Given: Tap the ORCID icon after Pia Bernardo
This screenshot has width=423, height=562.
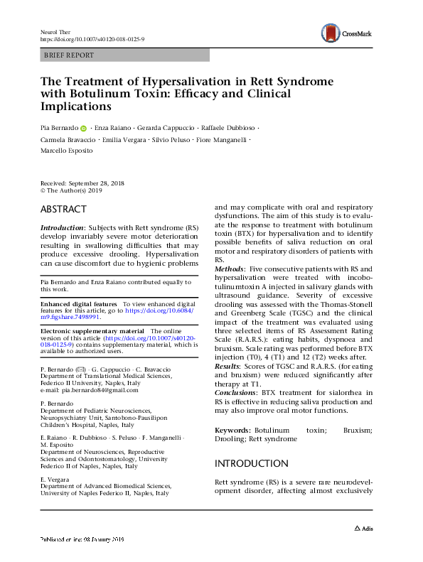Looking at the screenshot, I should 83,129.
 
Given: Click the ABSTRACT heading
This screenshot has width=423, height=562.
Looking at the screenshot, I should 63,210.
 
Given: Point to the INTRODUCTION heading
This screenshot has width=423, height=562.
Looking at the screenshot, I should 252,463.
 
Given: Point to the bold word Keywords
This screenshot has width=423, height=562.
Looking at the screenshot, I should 232,431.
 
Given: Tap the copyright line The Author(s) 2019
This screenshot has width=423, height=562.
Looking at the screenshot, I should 78,191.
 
